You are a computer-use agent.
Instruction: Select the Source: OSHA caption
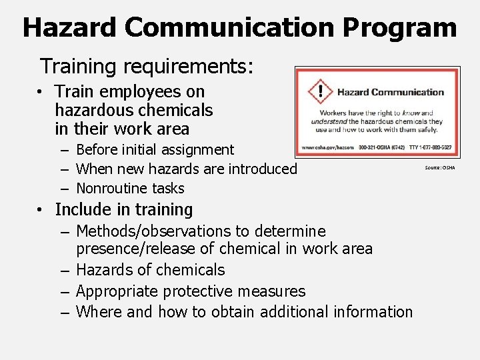pyautogui.click(x=440, y=168)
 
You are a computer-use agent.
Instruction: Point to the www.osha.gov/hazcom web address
pyautogui.click(x=327, y=147)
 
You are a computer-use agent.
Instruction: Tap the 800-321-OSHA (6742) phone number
pyautogui.click(x=377, y=147)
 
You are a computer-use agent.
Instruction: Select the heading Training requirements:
pyautogui.click(x=146, y=66)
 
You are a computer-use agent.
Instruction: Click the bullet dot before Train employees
pyautogui.click(x=41, y=92)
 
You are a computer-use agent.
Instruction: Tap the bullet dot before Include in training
pyautogui.click(x=41, y=210)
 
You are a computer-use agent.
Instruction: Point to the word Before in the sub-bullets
pyautogui.click(x=100, y=150)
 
